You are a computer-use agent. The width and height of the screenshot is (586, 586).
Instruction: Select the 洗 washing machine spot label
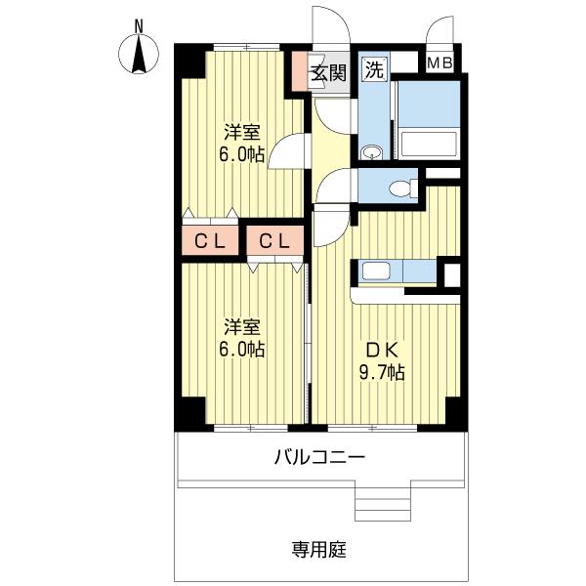tap(372, 69)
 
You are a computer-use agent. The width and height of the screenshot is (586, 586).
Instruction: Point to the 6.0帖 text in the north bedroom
tap(241, 153)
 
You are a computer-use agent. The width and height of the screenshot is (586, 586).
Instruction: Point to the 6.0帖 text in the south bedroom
tap(241, 349)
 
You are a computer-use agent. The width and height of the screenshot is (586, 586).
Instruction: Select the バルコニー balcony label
tap(319, 456)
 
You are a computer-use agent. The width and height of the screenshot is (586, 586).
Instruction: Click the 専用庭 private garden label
tap(319, 548)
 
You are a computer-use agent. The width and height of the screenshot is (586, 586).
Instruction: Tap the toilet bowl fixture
tap(400, 188)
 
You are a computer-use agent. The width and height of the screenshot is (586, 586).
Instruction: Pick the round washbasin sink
tap(371, 152)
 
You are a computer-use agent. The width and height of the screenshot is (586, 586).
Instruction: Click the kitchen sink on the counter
tap(375, 271)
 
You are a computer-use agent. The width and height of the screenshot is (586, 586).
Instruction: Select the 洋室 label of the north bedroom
tap(241, 132)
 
